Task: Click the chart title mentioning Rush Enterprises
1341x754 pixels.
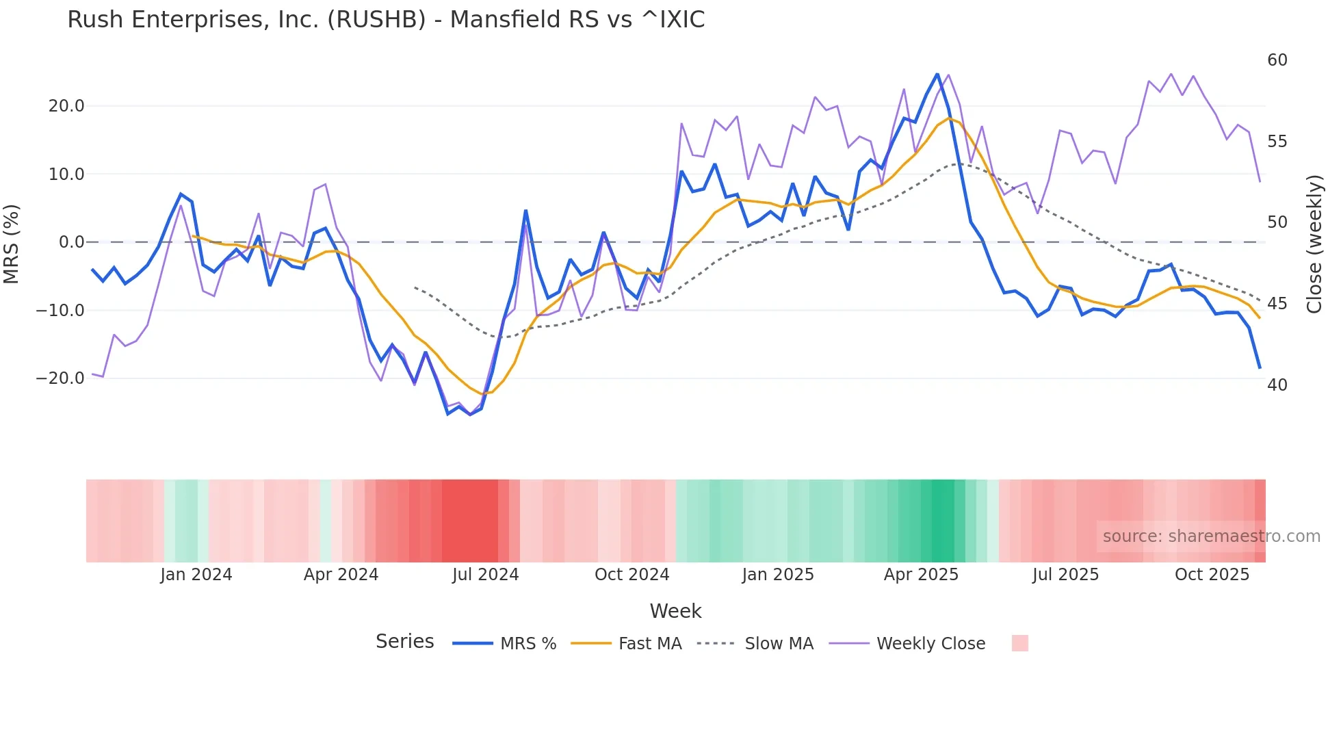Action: tap(386, 19)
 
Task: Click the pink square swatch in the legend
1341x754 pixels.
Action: tap(1019, 643)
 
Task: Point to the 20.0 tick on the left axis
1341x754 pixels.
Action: tap(66, 106)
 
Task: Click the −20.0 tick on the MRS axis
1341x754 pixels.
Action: tap(61, 378)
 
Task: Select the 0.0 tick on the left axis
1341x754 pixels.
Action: tap(71, 242)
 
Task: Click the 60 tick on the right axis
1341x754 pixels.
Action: tap(1277, 60)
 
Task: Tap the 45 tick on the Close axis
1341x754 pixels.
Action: tap(1277, 304)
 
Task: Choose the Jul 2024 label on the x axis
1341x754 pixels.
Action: tap(485, 575)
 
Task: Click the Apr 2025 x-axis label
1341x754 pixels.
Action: tap(921, 575)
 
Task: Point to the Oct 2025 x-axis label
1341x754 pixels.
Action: tap(1212, 575)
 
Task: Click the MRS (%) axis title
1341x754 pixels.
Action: tap(12, 244)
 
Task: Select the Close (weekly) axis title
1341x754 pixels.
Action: tap(1314, 244)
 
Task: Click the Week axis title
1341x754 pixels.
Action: tap(675, 611)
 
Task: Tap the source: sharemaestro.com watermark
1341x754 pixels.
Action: tap(1211, 536)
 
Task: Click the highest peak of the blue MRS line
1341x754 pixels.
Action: tap(937, 74)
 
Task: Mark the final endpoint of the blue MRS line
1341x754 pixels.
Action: tap(1260, 368)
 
